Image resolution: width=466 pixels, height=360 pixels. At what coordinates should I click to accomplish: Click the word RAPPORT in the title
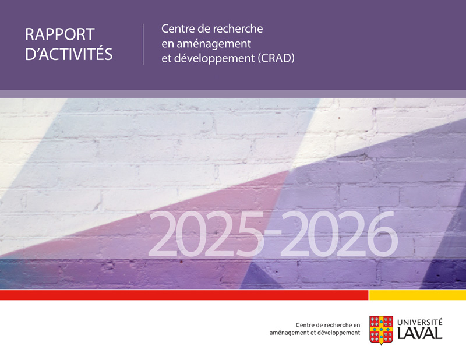click(x=60, y=34)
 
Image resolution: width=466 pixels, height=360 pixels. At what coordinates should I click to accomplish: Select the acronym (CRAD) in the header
click(x=276, y=58)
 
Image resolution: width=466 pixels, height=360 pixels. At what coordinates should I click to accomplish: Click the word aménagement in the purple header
click(x=214, y=44)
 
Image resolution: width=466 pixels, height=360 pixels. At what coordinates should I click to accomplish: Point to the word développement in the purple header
click(x=214, y=59)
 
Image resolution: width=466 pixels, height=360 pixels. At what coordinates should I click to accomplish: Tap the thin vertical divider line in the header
click(x=143, y=44)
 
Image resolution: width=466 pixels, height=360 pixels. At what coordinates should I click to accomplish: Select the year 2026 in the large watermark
click(x=339, y=234)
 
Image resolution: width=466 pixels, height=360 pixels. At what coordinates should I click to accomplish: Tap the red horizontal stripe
click(x=184, y=295)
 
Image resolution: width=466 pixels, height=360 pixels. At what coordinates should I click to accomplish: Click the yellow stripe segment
click(x=418, y=295)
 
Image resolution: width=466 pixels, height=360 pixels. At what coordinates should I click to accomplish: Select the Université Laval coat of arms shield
click(x=382, y=330)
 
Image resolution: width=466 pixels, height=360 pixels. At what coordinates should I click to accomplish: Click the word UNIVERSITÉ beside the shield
click(x=419, y=322)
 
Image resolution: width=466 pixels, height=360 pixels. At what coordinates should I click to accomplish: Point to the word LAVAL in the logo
click(x=419, y=333)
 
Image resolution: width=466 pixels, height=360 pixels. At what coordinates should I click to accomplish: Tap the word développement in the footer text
click(x=339, y=333)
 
